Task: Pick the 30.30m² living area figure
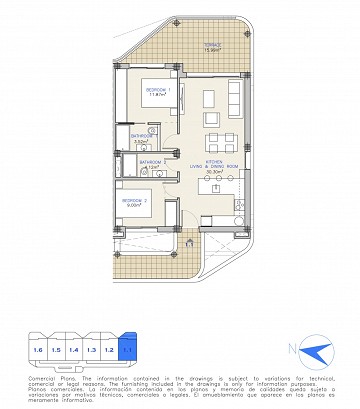[x=213, y=170]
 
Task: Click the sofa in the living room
[x=233, y=101]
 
